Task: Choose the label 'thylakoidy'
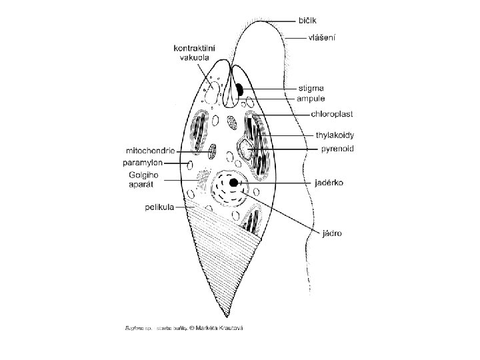pyautogui.click(x=334, y=135)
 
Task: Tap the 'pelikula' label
pyautogui.click(x=159, y=207)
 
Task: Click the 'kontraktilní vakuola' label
pyautogui.click(x=192, y=53)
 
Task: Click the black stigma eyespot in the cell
pyautogui.click(x=238, y=88)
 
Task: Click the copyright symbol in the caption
pyautogui.click(x=191, y=328)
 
